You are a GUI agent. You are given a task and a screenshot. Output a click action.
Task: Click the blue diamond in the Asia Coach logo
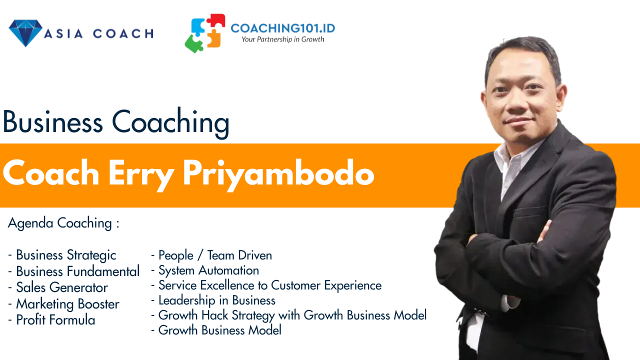pos(25,33)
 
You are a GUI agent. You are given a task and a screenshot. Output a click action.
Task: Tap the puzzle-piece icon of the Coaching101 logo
pos(205,33)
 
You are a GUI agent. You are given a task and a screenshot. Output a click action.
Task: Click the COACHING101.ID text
pos(283,28)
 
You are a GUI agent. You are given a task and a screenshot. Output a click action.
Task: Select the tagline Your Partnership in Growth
pos(283,39)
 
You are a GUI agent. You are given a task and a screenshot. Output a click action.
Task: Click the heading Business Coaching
pos(116,123)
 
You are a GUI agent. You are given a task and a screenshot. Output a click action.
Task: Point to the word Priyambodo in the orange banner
pos(278,174)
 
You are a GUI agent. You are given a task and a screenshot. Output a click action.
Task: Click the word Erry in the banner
pos(141,174)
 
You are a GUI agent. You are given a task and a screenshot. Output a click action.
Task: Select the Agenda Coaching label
pos(63,223)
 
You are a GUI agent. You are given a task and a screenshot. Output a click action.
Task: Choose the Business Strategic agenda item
pos(62,255)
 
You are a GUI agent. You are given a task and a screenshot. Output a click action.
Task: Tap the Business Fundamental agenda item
pos(73,271)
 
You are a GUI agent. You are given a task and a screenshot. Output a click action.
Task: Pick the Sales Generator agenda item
pos(58,287)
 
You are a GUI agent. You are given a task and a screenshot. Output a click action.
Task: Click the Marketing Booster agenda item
pos(63,304)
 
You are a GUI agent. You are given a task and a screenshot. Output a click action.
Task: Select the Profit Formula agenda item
pos(51,320)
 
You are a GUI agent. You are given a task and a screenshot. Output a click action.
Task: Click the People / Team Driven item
pos(211,255)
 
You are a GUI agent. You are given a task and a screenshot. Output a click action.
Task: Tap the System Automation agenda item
pos(205,270)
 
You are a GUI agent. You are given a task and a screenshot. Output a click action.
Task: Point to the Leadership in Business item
pos(213,300)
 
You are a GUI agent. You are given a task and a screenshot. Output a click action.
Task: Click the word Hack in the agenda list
pos(214,315)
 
